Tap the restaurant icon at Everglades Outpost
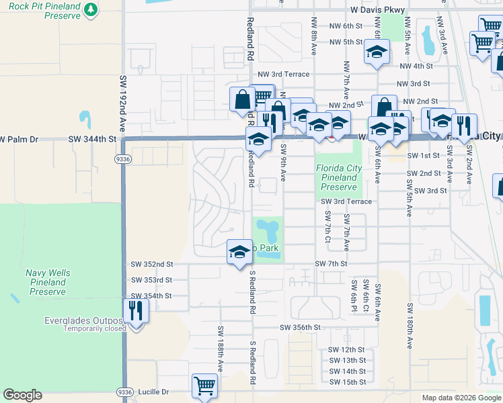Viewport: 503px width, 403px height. tap(137, 311)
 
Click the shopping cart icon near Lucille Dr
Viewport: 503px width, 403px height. tap(204, 386)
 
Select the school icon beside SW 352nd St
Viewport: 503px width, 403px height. tap(239, 252)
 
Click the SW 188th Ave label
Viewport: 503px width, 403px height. tap(220, 347)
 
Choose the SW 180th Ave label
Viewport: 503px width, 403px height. tap(409, 325)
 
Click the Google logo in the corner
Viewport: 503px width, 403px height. tap(22, 395)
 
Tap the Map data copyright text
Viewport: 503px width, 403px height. tap(460, 398)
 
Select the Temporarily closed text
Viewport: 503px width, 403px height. tap(95, 329)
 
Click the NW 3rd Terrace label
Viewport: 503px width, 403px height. tap(284, 74)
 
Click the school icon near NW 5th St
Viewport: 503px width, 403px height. tap(377, 52)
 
